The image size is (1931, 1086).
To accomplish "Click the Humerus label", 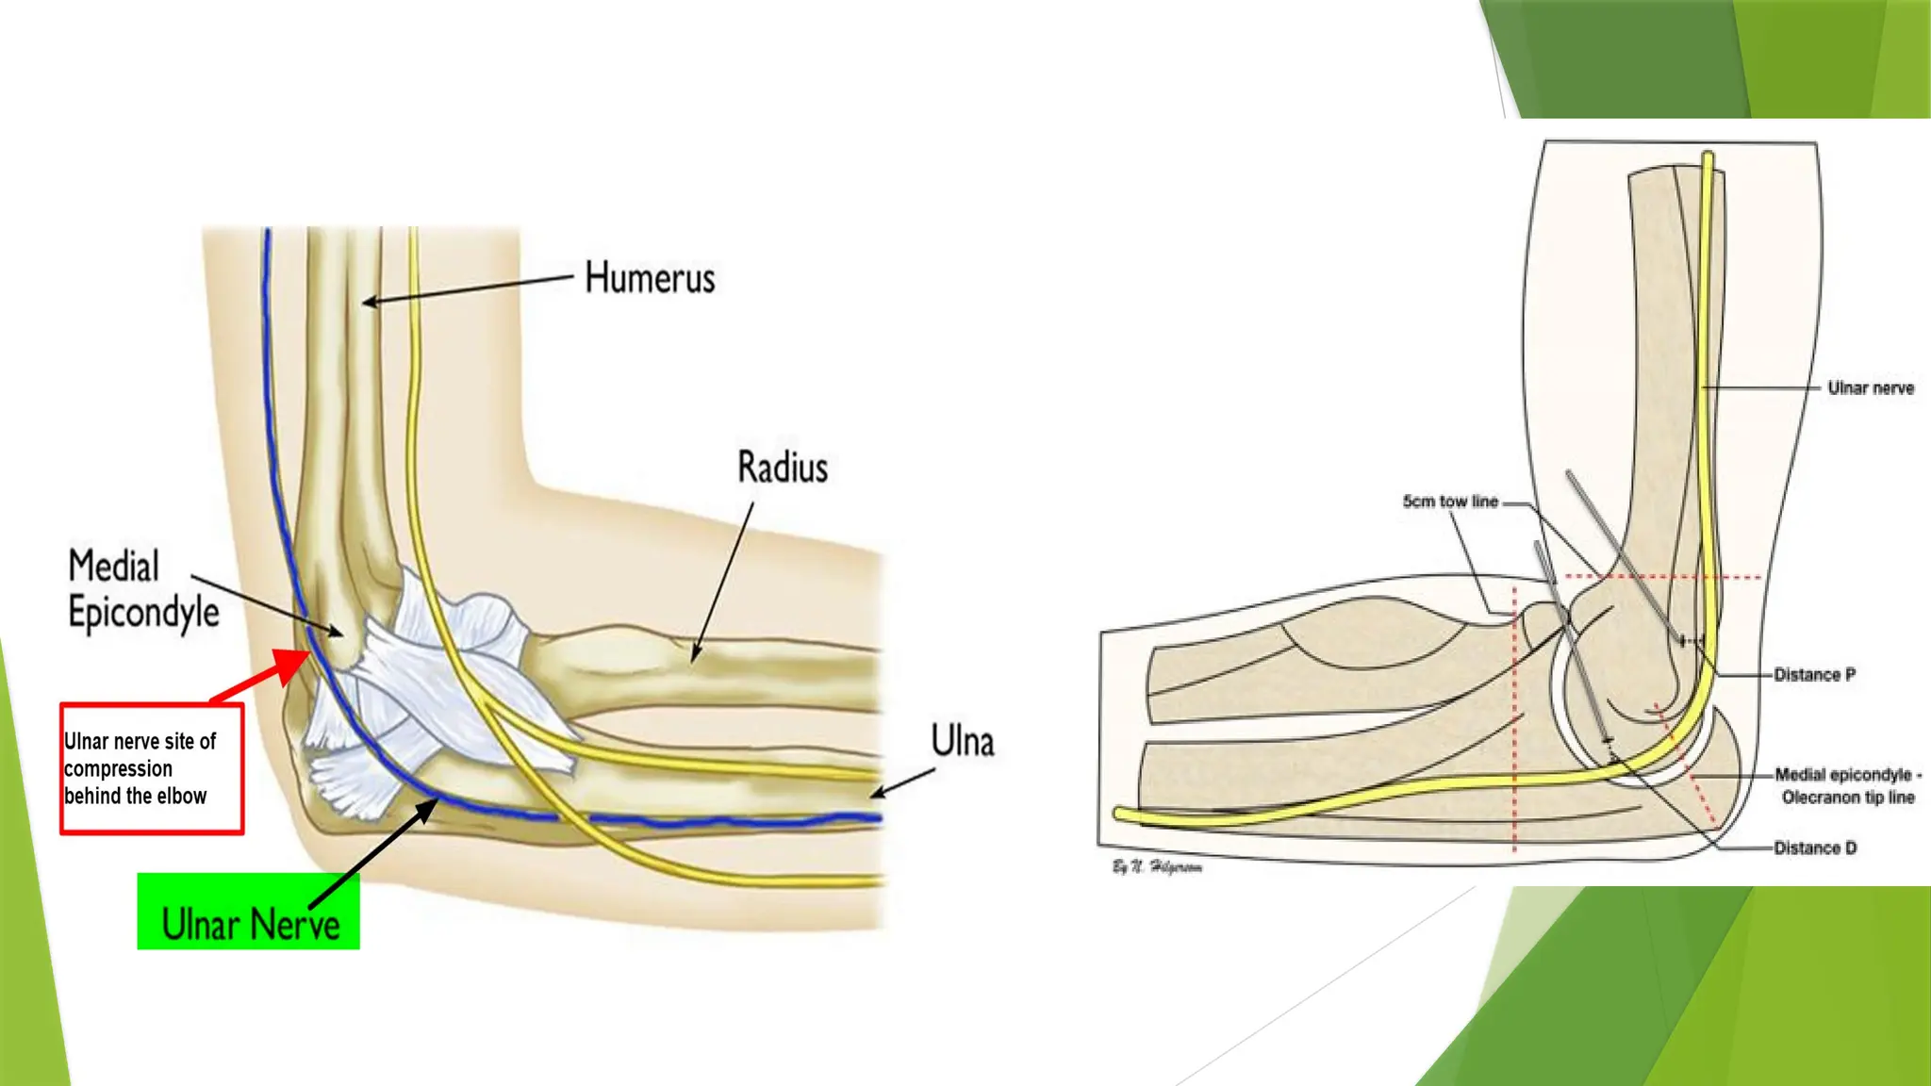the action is coord(650,278).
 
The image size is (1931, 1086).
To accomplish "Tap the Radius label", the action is coord(782,468).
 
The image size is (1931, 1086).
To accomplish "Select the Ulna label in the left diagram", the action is coord(962,741).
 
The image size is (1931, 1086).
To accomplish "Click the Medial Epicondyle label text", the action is coord(143,589).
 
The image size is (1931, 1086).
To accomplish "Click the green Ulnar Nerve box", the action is coord(248,912).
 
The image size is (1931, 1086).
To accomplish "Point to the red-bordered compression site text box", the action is coord(152,768).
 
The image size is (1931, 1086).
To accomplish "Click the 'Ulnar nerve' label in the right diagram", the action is coord(1870,388).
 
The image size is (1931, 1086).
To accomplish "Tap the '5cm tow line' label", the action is coord(1450,502).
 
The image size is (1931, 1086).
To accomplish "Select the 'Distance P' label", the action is coord(1814,675).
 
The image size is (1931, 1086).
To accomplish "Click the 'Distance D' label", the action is coord(1815,848).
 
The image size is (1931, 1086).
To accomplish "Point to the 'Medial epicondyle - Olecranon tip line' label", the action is coord(1847,786).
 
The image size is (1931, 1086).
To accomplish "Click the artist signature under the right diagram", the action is coord(1157,867).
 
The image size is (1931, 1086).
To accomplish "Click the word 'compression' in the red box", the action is coord(118,769).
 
